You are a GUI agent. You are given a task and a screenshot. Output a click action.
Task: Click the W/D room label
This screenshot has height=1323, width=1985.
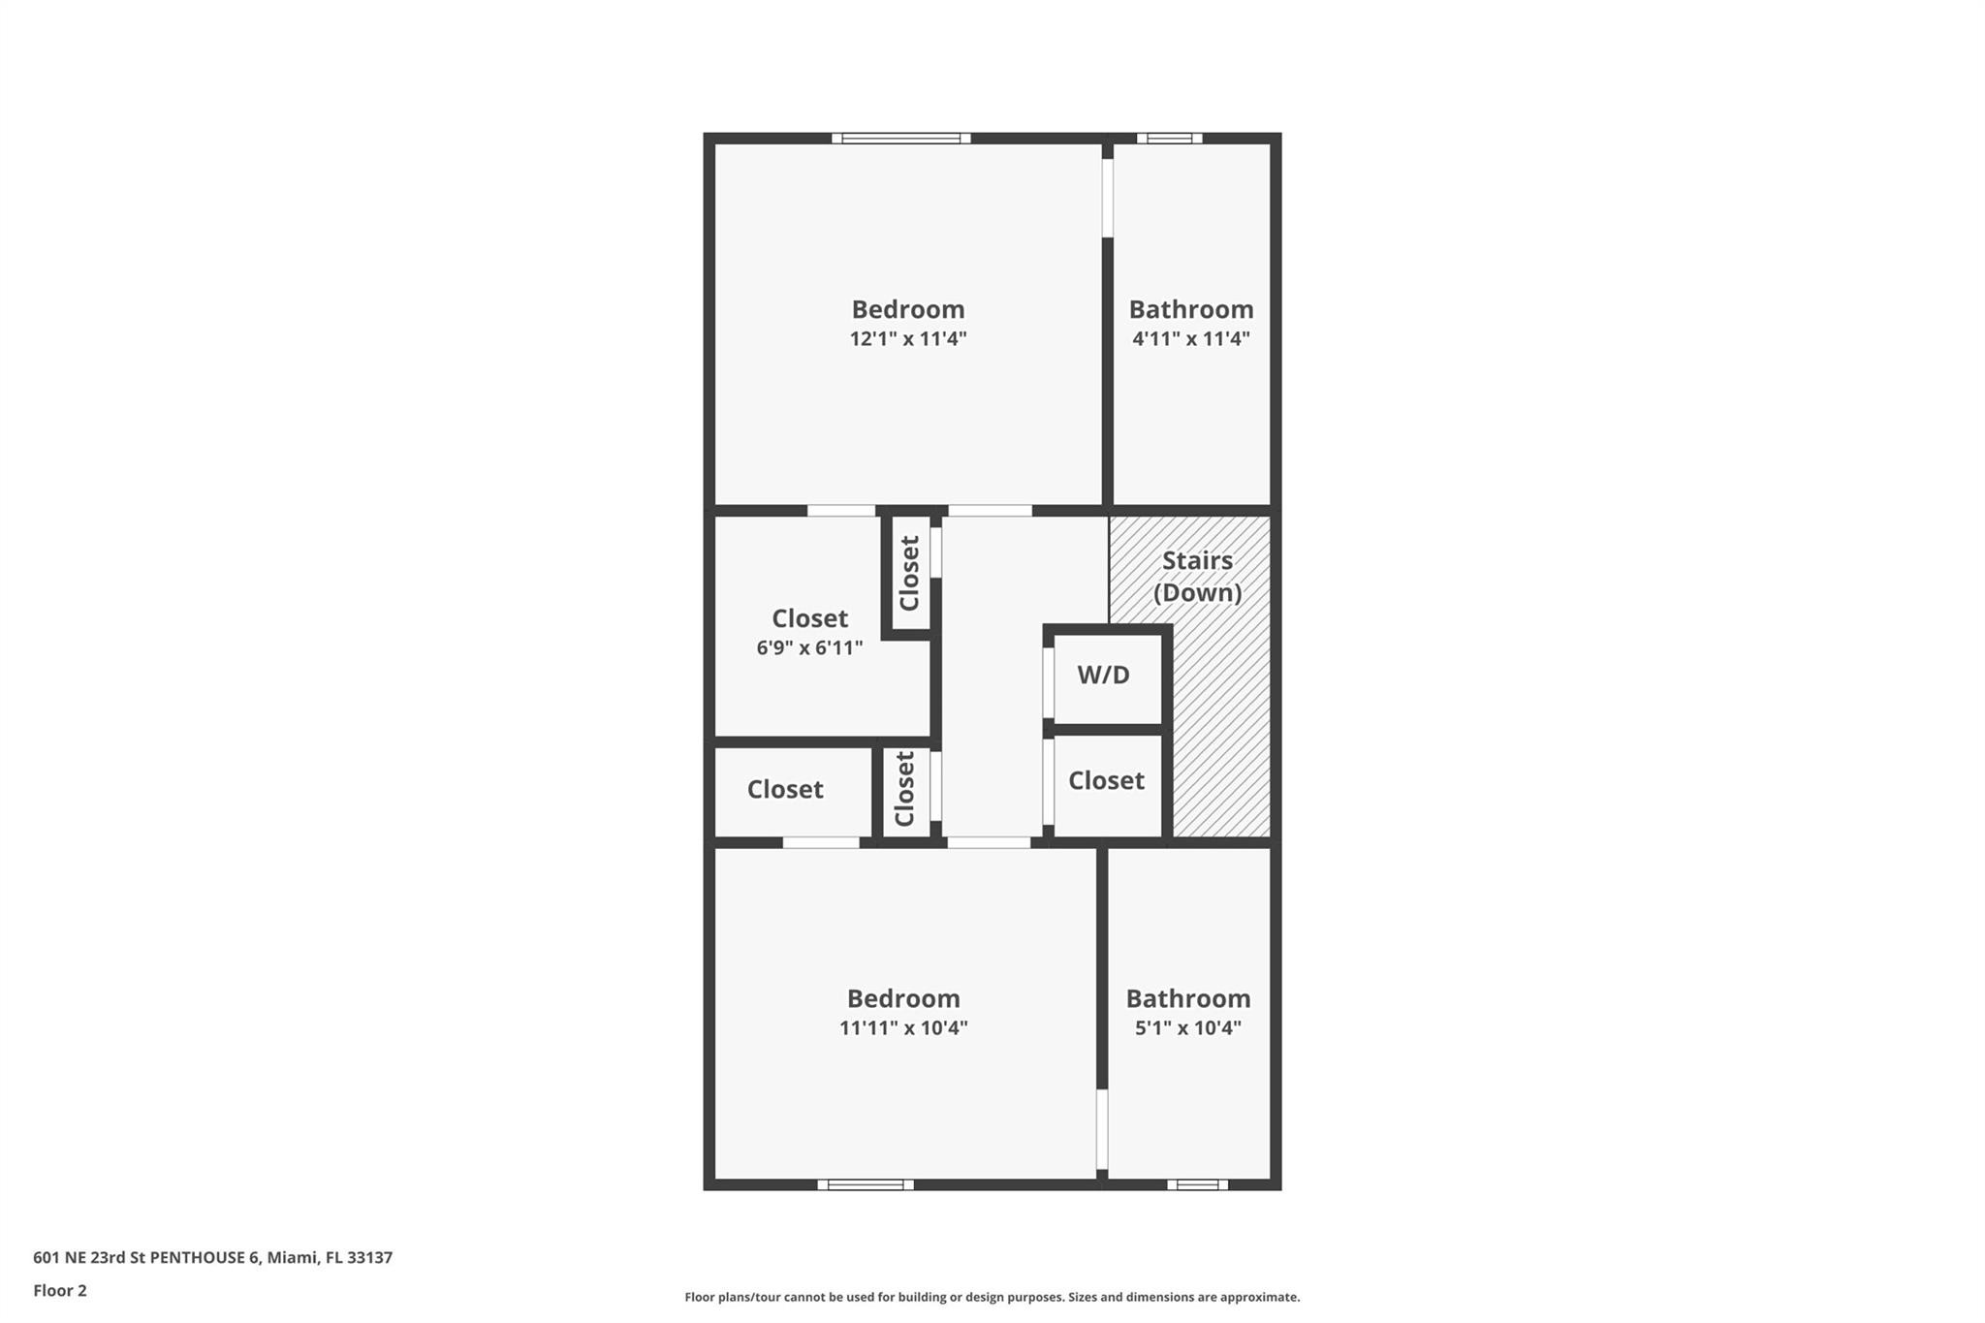[x=1103, y=676]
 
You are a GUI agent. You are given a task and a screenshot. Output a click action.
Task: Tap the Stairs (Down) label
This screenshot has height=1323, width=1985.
[x=1197, y=577]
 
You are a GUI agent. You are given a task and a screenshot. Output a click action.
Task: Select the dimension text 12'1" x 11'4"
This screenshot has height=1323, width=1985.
[x=908, y=339]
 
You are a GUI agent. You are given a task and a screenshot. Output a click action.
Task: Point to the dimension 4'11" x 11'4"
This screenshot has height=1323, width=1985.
[x=1191, y=339]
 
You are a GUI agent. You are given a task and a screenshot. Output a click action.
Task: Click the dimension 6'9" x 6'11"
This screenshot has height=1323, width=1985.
[x=809, y=648]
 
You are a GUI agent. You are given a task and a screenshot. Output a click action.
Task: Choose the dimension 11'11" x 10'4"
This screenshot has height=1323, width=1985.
[x=903, y=1028]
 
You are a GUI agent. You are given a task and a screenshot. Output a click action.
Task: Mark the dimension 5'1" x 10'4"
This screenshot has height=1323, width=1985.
[x=1188, y=1028]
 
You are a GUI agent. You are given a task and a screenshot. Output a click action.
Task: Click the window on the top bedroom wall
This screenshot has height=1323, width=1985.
[x=901, y=139]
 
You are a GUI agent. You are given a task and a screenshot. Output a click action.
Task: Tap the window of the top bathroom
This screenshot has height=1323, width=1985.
[x=1170, y=139]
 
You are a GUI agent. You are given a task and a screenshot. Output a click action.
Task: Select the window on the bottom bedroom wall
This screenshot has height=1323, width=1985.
[x=866, y=1184]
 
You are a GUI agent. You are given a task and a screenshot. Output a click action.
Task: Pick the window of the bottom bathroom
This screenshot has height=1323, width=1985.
[x=1197, y=1184]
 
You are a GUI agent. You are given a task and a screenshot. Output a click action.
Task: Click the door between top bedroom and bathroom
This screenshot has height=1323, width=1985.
[x=1108, y=198]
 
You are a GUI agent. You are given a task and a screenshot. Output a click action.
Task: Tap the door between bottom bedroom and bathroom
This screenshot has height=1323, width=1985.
[x=1102, y=1129]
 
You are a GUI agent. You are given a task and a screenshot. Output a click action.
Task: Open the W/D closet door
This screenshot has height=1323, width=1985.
[x=1048, y=682]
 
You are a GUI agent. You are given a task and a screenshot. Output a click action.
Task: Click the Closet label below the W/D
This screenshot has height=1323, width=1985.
[x=1106, y=781]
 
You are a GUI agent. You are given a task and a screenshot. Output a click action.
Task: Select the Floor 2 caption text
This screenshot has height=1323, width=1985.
[x=60, y=1291]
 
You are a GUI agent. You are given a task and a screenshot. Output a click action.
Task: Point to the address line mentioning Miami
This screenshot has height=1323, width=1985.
[x=212, y=1258]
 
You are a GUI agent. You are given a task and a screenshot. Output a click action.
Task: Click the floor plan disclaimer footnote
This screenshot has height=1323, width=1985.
[x=992, y=1297]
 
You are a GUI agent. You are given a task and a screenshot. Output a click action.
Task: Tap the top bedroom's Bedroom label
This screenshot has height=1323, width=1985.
[x=908, y=310]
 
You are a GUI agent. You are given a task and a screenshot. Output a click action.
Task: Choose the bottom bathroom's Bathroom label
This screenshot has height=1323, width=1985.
[x=1188, y=999]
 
